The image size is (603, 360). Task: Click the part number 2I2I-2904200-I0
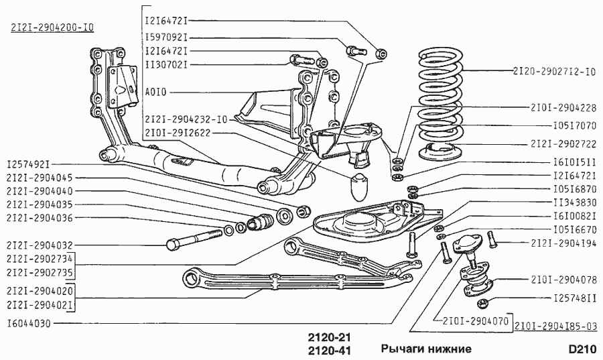53,27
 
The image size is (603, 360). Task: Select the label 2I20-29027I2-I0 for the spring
554,71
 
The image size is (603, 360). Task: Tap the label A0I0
155,93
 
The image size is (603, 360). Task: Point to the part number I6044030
29,323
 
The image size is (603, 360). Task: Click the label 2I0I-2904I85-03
556,326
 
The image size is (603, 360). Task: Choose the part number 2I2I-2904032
40,245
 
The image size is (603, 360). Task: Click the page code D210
583,349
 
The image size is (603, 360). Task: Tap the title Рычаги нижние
426,349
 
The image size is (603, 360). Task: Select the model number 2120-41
329,350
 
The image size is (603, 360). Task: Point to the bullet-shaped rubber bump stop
360,186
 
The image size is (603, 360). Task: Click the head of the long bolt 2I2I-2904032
174,244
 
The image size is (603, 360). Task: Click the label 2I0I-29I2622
178,133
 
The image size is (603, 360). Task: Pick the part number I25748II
576,298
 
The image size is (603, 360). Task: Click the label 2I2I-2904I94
563,243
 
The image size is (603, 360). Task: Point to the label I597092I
167,38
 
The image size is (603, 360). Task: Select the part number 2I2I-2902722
563,144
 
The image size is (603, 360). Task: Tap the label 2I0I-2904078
563,280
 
